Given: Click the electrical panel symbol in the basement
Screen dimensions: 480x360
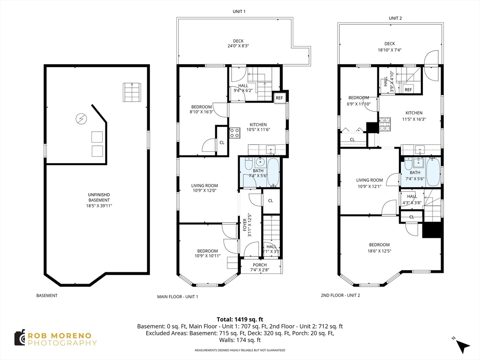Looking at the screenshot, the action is pos(81,119).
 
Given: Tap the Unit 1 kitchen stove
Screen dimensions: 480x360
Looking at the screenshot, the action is pos(234,133).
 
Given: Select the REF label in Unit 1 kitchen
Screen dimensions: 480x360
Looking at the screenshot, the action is pos(279,98).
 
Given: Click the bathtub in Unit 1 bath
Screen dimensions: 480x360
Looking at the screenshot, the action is pos(273,172).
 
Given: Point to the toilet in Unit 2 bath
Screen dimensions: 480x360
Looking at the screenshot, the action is pos(408,164).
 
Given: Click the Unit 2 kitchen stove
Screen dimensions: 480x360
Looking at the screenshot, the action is pos(385,125).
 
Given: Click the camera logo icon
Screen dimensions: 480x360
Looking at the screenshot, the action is pos(20,337).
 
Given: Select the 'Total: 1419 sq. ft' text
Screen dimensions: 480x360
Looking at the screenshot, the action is pos(240,320).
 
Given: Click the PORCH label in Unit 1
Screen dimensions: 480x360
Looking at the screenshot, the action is pos(260,265).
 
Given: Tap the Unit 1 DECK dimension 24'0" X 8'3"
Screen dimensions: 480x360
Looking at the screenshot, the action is pos(238,46).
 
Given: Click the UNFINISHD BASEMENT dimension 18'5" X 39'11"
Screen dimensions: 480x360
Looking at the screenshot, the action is pos(99,206).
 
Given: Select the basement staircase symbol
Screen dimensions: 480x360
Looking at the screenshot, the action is pos(132,92).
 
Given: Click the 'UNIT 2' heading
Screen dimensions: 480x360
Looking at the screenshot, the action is pos(395,18).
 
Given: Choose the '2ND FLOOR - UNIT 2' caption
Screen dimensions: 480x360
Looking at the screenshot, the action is pos(340,295).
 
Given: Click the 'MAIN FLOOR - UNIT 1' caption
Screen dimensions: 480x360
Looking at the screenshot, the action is pos(178,297).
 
